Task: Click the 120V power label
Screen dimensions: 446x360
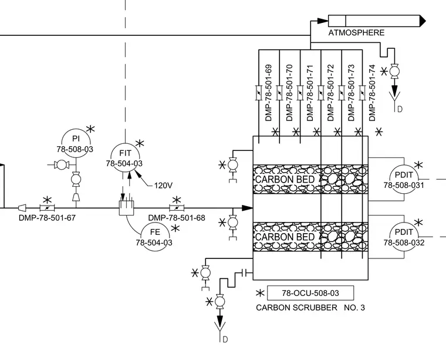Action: click(x=163, y=186)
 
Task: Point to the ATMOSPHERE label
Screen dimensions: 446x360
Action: click(x=356, y=33)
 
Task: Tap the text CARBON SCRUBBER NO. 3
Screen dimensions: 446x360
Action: click(x=310, y=308)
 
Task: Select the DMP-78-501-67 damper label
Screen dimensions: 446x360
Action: click(x=47, y=218)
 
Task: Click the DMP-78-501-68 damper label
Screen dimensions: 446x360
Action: click(x=177, y=218)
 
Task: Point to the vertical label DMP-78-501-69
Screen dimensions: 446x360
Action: click(x=269, y=93)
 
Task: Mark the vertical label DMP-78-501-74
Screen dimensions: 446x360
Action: click(x=372, y=93)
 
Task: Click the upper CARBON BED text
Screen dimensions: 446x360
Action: click(x=285, y=180)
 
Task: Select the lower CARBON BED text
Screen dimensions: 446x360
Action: click(x=285, y=237)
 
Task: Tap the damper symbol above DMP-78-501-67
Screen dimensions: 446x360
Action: click(x=47, y=208)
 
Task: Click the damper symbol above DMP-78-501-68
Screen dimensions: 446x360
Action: click(x=177, y=208)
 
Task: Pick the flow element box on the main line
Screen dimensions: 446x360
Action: click(x=126, y=208)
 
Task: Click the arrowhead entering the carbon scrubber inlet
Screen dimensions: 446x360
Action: click(x=248, y=208)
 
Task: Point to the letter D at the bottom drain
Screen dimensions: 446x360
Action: click(x=225, y=339)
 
